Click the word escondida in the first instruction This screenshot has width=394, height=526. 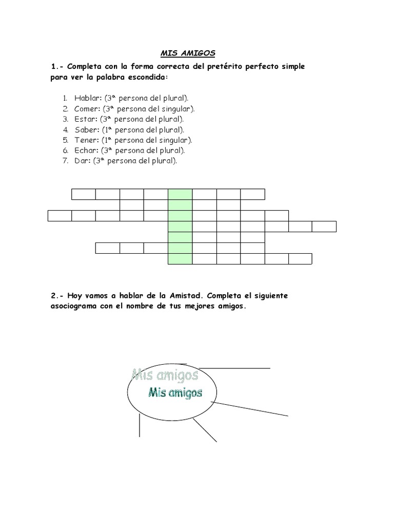(x=145, y=78)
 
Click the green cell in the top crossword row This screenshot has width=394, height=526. (x=180, y=194)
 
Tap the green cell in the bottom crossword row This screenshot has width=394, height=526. (x=180, y=258)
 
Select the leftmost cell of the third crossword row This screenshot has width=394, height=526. (x=60, y=216)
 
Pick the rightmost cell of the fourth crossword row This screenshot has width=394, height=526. (x=324, y=227)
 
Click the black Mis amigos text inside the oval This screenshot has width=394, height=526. (x=174, y=393)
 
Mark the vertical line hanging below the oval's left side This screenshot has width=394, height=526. (x=139, y=425)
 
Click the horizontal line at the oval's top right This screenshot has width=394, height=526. (x=233, y=368)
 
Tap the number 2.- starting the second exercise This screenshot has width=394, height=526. (x=56, y=296)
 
